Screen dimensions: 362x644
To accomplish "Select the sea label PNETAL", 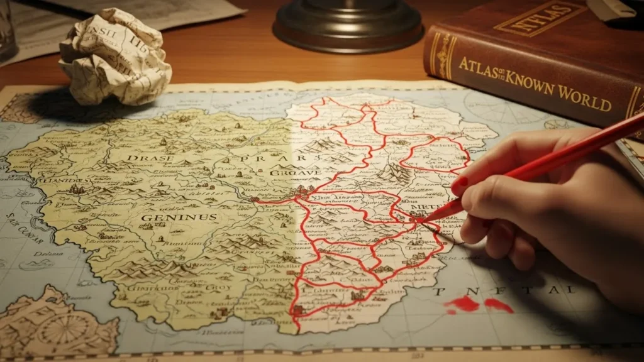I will click(x=503, y=291).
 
